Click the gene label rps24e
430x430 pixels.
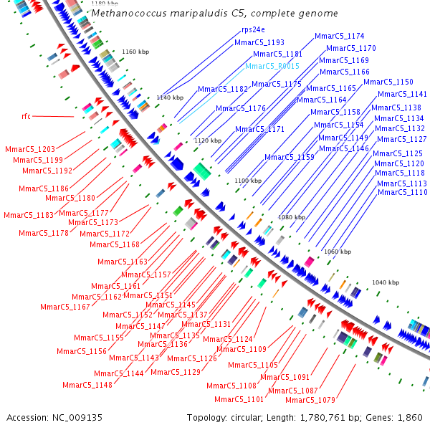coord(253,30)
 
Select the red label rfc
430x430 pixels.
coord(26,115)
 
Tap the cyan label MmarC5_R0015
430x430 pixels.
coord(272,66)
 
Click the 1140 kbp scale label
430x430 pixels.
coord(170,97)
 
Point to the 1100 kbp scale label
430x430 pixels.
coord(249,181)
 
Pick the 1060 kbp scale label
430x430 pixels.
coord(338,252)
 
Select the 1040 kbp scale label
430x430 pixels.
coord(386,283)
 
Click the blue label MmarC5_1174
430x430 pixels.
coord(340,36)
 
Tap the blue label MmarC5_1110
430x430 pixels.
coord(402,192)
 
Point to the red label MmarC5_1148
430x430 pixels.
coord(87,385)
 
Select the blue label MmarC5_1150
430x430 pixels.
coord(388,82)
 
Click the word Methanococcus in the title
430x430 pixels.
coord(134,14)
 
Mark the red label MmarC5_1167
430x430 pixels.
coord(65,307)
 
